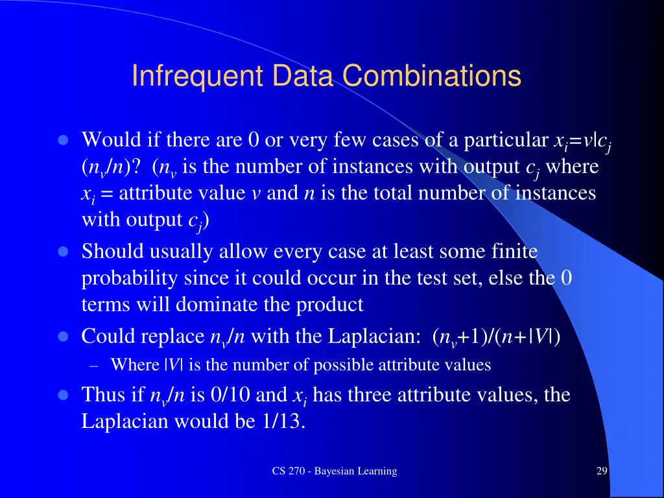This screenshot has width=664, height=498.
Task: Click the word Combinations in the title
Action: pos(431,76)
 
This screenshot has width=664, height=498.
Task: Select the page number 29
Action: pos(601,471)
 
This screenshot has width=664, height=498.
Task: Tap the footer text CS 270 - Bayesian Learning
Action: pos(334,471)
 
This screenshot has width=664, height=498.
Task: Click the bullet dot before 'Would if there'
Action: pos(63,141)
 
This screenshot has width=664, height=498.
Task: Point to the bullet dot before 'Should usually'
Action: pos(63,252)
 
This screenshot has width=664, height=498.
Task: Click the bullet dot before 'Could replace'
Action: pos(63,337)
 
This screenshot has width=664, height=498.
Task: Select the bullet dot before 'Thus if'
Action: pos(63,395)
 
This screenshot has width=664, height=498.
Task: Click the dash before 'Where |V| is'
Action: pos(93,365)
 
